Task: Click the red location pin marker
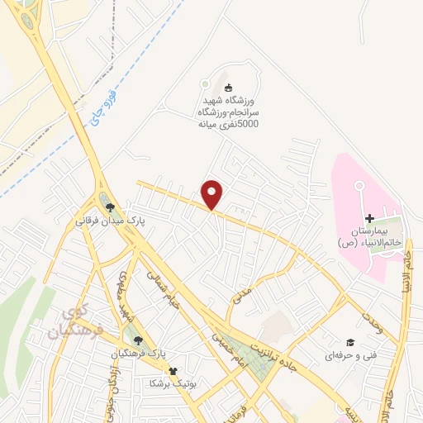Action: pos(213,194)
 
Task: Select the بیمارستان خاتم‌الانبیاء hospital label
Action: pos(369,237)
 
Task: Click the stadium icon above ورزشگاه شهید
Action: pos(229,88)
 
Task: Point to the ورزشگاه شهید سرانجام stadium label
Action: pos(227,112)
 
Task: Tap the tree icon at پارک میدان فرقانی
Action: pos(109,208)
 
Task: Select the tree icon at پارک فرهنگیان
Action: pos(139,340)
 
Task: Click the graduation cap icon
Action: pos(349,342)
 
